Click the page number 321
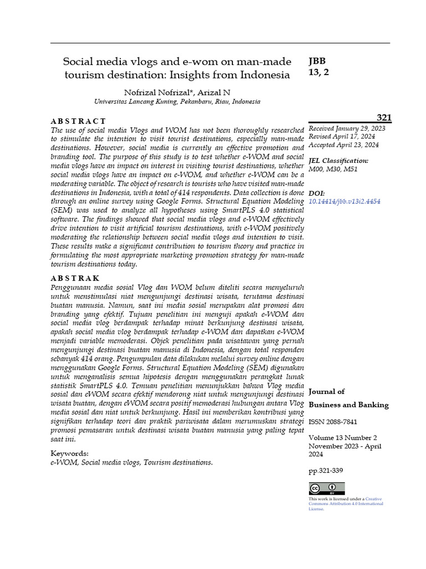[384, 117]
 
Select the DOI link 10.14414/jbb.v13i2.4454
[344, 202]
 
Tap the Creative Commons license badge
[327, 488]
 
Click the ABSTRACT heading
[78, 121]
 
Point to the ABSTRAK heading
[75, 278]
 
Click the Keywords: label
[69, 453]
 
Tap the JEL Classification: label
[338, 161]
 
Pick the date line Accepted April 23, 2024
[343, 144]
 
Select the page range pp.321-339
[326, 471]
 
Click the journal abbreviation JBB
[317, 61]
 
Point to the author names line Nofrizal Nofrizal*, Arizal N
[177, 92]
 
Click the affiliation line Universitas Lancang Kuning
[177, 102]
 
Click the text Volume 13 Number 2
[342, 438]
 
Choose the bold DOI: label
[317, 193]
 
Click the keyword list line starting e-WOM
[131, 462]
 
